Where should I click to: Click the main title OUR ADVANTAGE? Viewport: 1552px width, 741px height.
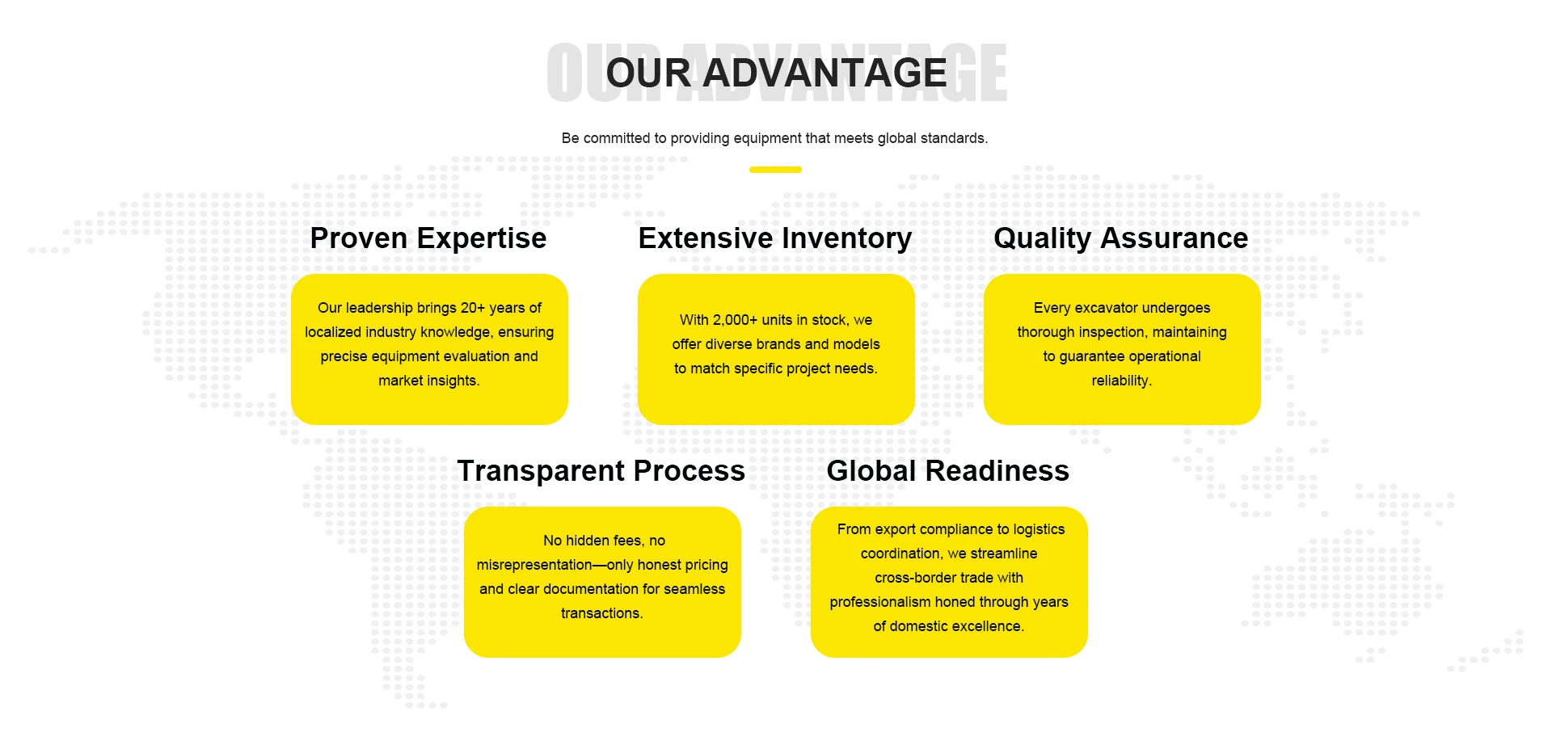(776, 73)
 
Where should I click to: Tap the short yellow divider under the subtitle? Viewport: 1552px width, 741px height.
(775, 170)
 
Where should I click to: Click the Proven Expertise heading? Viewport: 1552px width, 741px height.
(428, 238)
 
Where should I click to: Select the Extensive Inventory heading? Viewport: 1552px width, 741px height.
(775, 238)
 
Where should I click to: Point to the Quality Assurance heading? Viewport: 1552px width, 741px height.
(1121, 238)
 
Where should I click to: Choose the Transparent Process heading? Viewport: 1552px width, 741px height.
(601, 471)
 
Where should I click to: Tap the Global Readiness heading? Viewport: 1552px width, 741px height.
(948, 471)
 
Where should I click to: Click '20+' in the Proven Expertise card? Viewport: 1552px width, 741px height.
(473, 308)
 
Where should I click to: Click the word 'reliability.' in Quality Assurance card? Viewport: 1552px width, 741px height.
(1122, 381)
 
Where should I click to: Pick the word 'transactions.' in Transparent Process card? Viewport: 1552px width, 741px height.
(602, 613)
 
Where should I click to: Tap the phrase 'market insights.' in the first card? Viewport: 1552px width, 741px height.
(429, 381)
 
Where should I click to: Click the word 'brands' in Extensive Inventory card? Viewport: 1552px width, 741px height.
(778, 344)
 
